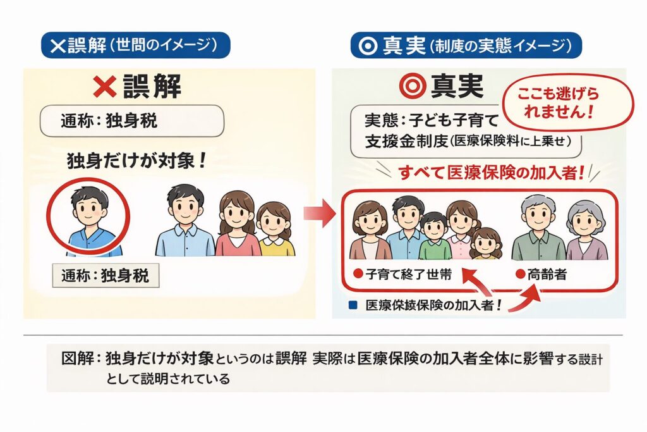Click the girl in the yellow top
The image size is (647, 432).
tap(275, 229)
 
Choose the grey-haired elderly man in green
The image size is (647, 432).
tap(538, 228)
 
